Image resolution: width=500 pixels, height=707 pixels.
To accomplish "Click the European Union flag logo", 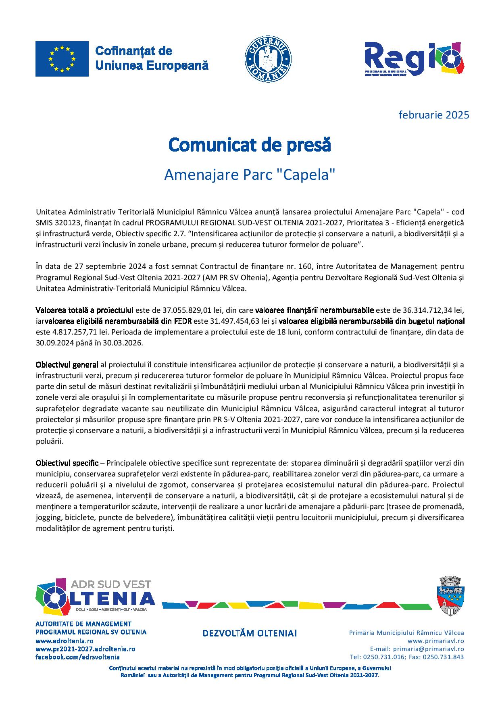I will click(x=62, y=59).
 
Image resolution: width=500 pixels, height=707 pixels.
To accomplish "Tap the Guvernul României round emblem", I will click(x=268, y=60).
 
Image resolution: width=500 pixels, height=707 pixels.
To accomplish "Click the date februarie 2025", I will click(x=434, y=115).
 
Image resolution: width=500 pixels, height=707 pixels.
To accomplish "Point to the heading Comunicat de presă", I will click(x=250, y=145).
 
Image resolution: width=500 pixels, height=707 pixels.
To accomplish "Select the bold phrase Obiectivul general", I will click(x=67, y=365).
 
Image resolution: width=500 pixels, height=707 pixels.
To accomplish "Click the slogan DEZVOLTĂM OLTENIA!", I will click(x=250, y=633).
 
